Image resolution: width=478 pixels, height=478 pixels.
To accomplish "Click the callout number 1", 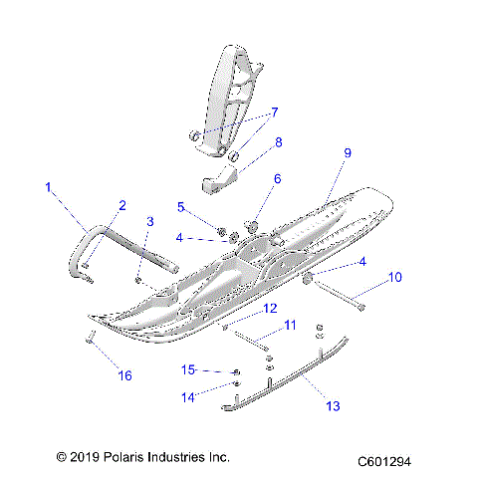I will (x=48, y=186).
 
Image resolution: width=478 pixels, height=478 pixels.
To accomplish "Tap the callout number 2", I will (x=122, y=206).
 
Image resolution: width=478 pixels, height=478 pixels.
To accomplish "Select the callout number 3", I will (x=150, y=221).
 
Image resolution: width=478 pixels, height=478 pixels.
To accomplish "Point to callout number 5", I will (x=181, y=207).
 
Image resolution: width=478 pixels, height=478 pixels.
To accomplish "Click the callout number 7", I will (x=275, y=113).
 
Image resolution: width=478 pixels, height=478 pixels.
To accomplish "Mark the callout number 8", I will (x=278, y=142).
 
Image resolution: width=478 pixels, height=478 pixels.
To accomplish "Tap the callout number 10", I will (x=395, y=277).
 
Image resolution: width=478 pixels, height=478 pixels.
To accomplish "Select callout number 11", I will (x=290, y=326).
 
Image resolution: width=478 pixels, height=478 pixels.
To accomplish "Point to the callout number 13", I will (x=334, y=405).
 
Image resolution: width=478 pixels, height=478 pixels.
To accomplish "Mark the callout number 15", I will (x=188, y=369).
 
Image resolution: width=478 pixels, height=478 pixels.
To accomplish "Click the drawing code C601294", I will (x=398, y=462).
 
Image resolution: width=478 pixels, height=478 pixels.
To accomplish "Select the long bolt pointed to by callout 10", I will (x=339, y=298).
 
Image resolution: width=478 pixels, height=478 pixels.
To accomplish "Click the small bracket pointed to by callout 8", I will (x=221, y=183).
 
